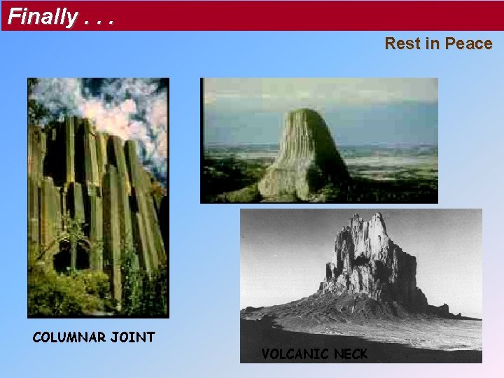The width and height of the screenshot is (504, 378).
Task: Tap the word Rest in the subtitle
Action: tap(402, 43)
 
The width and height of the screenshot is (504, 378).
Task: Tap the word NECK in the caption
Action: tap(349, 354)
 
